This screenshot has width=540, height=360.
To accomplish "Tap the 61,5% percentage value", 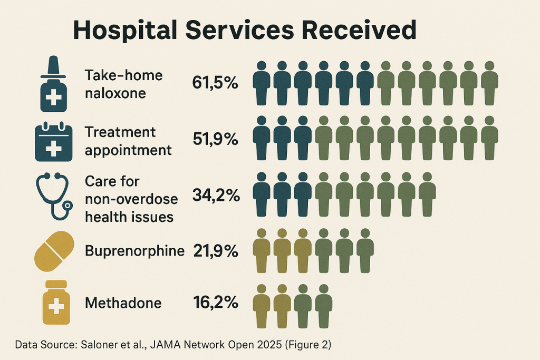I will coord(215,84).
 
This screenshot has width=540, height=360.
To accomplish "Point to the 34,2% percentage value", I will coord(216,196).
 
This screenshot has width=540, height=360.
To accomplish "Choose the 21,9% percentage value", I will coord(215,251).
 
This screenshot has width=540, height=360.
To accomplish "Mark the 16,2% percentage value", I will coord(215,303).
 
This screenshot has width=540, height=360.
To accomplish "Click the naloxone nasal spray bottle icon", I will coord(54,84).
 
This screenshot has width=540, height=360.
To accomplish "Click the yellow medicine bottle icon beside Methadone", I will coord(56,303).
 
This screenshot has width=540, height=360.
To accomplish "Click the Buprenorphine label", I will coord(134,251).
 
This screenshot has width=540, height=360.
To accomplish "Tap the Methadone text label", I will coord(123,303).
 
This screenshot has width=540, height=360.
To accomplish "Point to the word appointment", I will coord(128,150).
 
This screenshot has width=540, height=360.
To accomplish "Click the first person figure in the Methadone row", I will coord(262,306).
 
